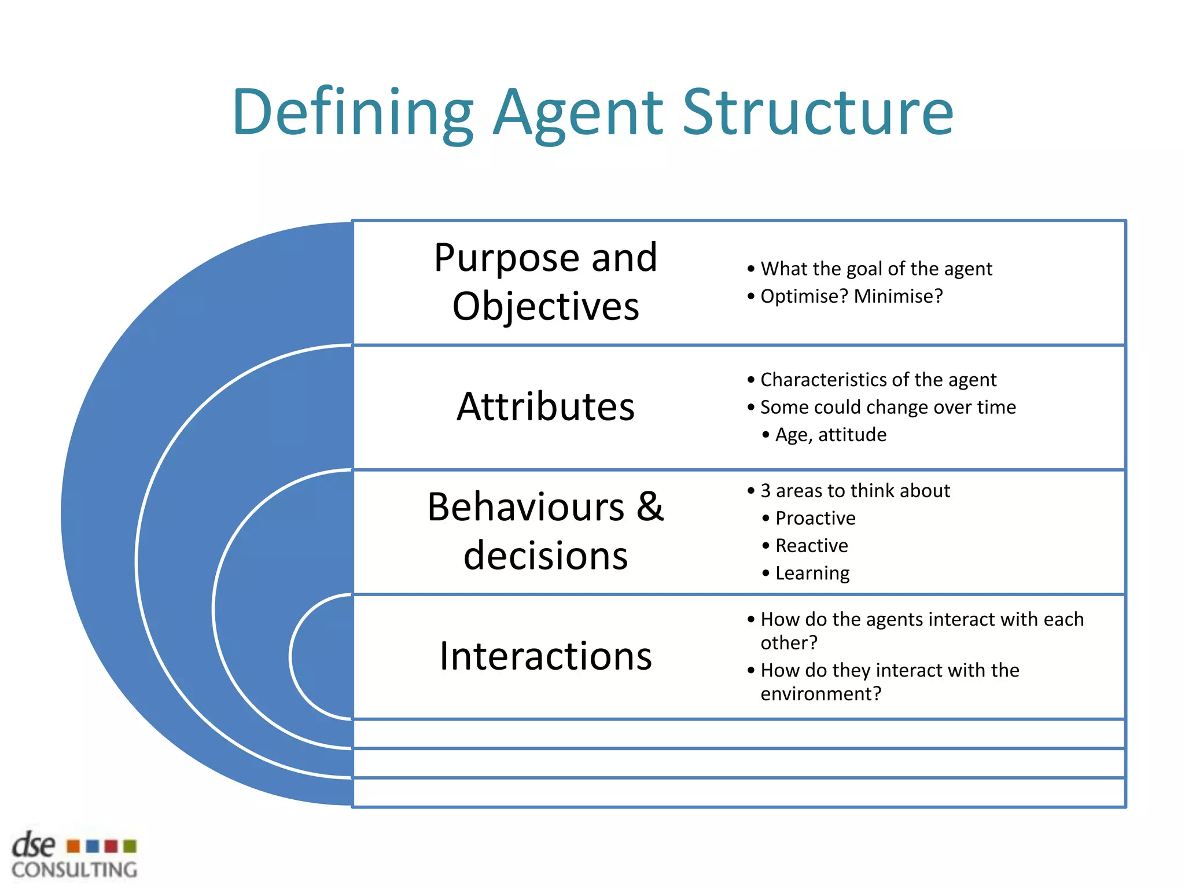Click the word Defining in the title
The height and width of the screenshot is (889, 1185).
coord(353,113)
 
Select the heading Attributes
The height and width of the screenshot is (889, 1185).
coord(545,406)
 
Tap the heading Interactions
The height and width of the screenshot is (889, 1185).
coord(545,656)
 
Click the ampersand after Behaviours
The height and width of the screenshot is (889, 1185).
coord(650,506)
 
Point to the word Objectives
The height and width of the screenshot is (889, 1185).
coord(545,306)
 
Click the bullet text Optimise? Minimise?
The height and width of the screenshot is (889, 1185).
coord(851,296)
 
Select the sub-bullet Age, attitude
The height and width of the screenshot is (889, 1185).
coord(830,435)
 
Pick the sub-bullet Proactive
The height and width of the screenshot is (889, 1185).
coord(815,518)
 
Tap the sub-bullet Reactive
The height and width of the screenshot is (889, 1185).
coord(811,546)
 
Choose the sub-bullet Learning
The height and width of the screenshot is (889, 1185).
coord(812,574)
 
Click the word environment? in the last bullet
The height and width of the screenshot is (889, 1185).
coord(820,693)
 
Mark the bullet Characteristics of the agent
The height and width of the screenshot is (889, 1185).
coord(878,380)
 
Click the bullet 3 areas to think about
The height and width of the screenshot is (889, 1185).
coord(855,491)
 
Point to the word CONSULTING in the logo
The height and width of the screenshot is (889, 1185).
coord(74,870)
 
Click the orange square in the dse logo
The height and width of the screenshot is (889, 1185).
coord(73,847)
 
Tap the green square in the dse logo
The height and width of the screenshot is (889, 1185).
coord(130,847)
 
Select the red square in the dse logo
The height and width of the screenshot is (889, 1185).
coord(111,847)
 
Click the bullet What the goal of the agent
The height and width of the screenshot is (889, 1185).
coord(876,269)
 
